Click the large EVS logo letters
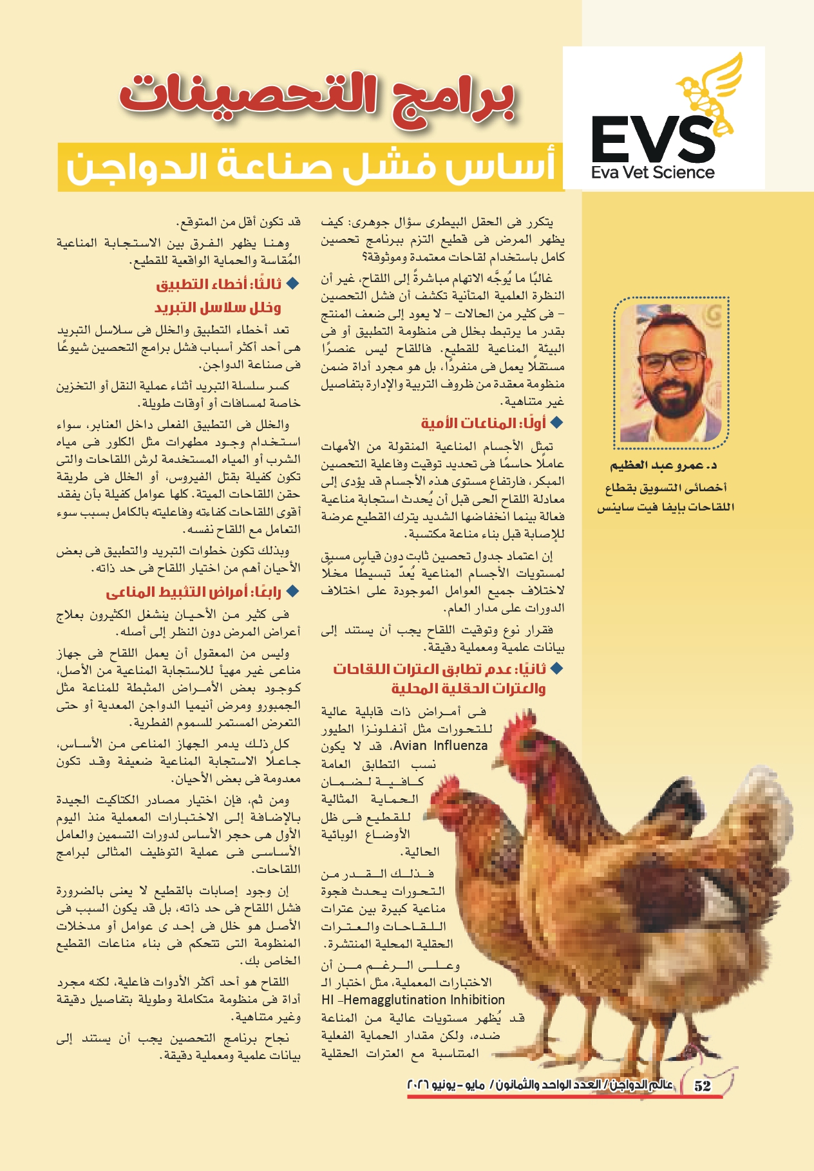point(653,140)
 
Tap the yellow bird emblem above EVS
point(709,90)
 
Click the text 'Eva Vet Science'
point(652,173)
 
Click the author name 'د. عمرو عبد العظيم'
point(663,465)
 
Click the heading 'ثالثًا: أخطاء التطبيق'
point(219,285)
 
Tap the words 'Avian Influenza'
point(440,746)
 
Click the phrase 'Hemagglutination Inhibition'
point(424,1000)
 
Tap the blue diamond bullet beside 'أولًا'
point(556,423)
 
